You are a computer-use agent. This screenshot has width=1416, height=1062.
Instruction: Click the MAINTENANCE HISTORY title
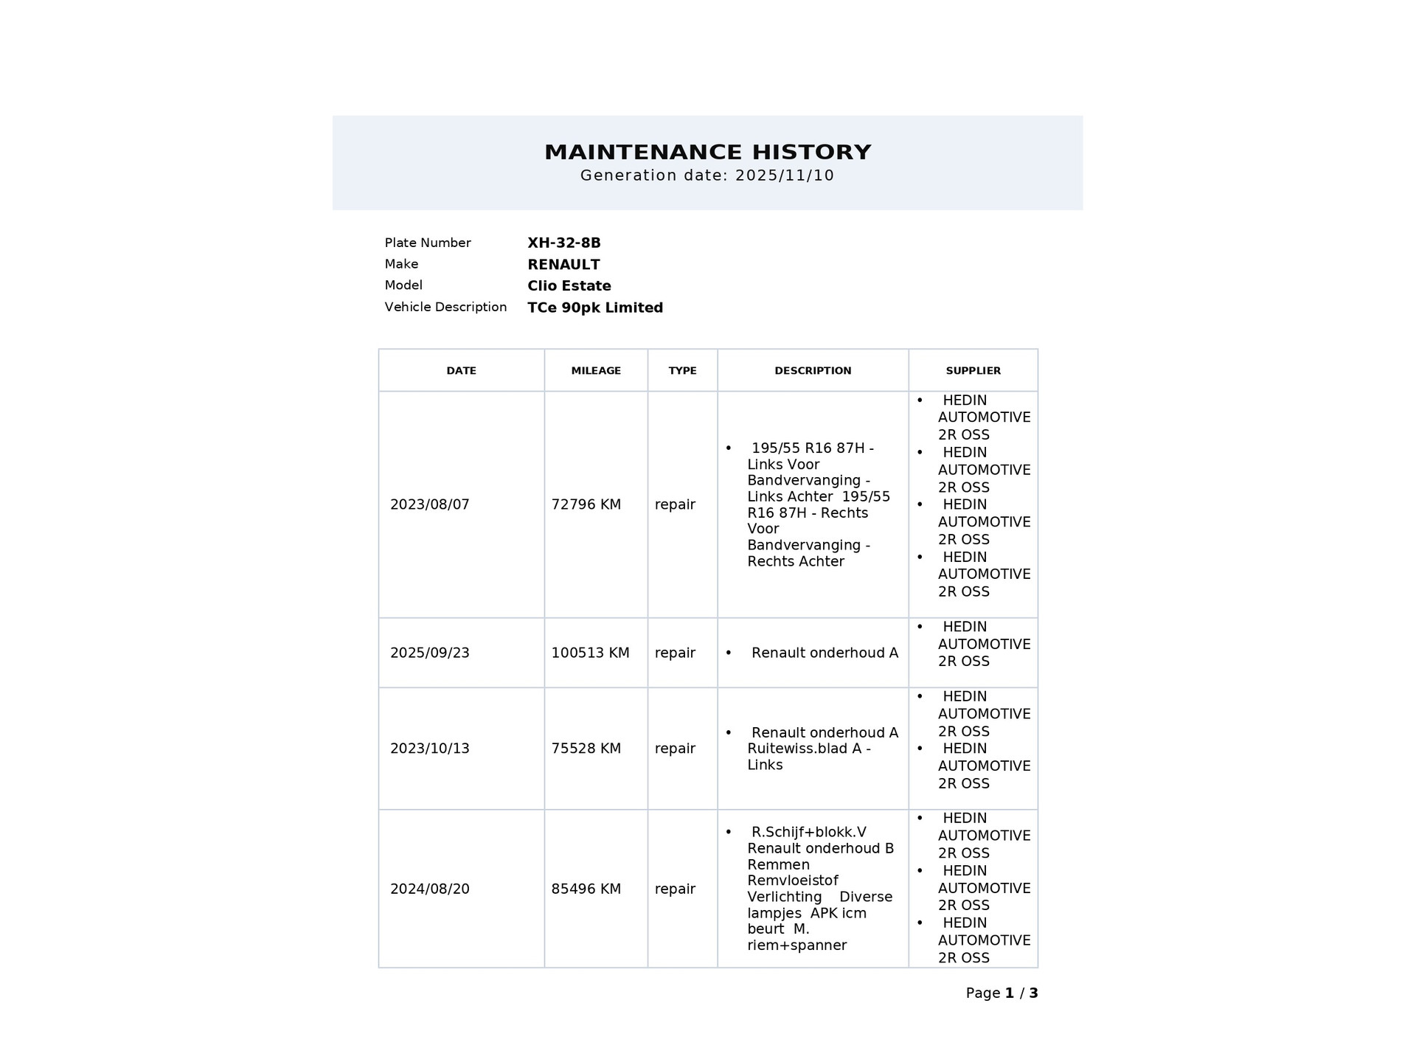tap(707, 152)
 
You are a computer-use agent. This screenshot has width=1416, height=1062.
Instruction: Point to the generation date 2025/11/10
tap(785, 176)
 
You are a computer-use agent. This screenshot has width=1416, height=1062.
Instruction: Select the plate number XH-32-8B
tap(564, 243)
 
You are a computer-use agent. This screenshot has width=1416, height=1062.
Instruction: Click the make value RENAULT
tap(563, 264)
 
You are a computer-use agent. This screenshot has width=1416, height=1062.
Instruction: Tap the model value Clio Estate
tap(569, 285)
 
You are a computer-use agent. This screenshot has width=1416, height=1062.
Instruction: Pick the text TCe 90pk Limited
tap(595, 308)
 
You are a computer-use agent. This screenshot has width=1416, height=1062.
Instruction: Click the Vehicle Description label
tap(445, 307)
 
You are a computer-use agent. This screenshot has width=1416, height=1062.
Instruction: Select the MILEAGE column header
tap(596, 370)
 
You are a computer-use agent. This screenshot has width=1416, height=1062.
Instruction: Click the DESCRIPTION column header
tap(813, 370)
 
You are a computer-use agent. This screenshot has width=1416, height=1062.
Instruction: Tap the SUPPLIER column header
tap(973, 370)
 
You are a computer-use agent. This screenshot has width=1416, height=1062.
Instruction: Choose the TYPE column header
tap(682, 370)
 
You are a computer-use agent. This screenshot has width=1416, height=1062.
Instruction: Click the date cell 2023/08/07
tap(429, 504)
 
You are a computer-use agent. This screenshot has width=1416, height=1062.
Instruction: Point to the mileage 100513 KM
tap(590, 653)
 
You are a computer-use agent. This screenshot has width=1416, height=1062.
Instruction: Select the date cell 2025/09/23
tap(429, 653)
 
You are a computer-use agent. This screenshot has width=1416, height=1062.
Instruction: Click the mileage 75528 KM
tap(586, 749)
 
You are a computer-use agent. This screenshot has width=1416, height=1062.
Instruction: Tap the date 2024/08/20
tap(429, 889)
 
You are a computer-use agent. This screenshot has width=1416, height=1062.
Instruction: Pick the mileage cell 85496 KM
tap(586, 889)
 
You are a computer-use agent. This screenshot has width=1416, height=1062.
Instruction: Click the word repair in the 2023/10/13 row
tap(675, 749)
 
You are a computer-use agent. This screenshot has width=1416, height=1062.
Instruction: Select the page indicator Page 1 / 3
tap(1002, 993)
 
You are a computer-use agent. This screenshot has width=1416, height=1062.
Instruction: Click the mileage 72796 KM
tap(586, 504)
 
